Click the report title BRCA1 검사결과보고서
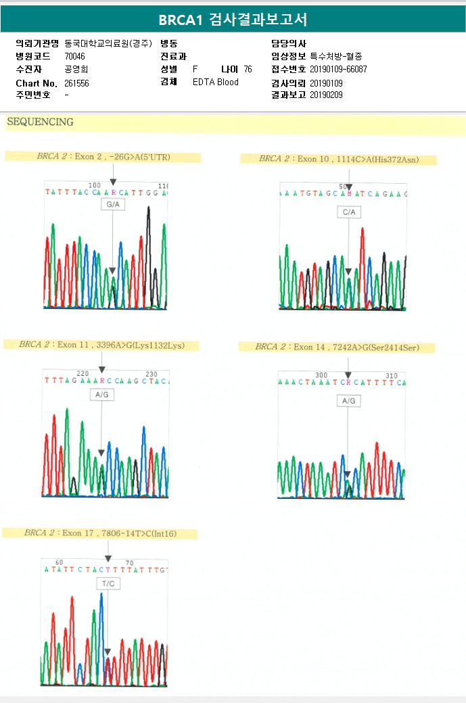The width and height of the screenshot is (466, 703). tap(233, 20)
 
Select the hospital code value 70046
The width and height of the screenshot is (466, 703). tap(75, 56)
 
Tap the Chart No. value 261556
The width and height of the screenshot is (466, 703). tap(76, 83)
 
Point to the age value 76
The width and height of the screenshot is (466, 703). tap(248, 70)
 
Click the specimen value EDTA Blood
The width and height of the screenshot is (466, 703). tap(215, 82)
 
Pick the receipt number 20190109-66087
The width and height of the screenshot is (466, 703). tap(338, 70)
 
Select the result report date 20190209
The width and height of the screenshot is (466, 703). tap(326, 95)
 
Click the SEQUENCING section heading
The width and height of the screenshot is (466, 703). tap(40, 122)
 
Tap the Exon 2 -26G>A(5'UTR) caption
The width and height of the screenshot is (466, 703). tap(103, 157)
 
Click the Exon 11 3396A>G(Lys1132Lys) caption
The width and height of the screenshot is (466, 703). tap(101, 345)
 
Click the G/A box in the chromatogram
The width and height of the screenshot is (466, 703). tap(112, 204)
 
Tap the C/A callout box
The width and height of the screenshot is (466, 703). tap(348, 212)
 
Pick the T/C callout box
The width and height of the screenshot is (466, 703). tap(108, 583)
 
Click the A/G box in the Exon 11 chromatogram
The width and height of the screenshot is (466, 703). tap(101, 394)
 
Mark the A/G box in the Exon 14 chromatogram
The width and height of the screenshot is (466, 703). tap(348, 401)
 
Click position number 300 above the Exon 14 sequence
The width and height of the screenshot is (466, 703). tap(321, 375)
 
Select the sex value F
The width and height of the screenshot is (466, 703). tap(195, 70)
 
